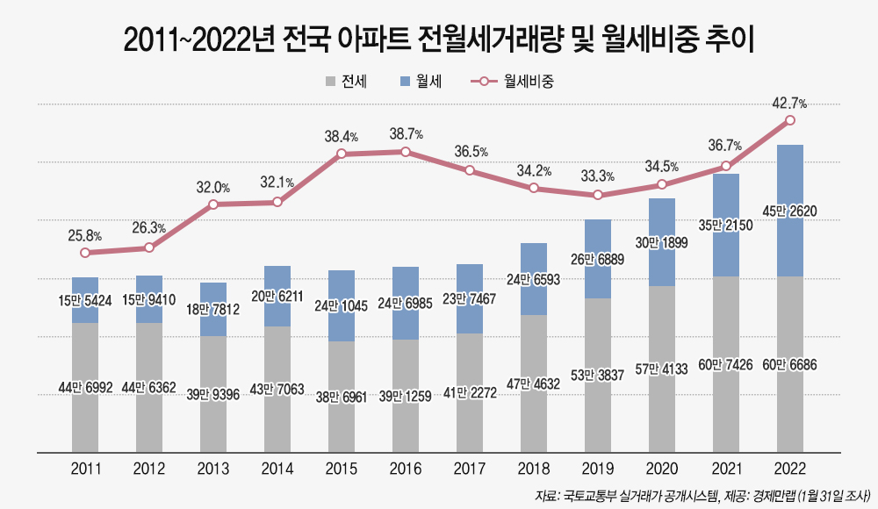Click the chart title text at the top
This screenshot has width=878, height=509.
pyautogui.click(x=439, y=41)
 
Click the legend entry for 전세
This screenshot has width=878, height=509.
pyautogui.click(x=346, y=82)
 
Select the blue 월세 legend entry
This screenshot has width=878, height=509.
pyautogui.click(x=420, y=82)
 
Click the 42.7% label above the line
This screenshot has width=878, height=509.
pyautogui.click(x=789, y=104)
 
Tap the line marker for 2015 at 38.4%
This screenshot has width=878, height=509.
pyautogui.click(x=342, y=154)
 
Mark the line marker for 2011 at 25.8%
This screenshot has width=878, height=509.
pyautogui.click(x=85, y=253)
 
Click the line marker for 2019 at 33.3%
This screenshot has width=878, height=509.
pyautogui.click(x=598, y=195)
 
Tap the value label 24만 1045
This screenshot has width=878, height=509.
pyautogui.click(x=342, y=306)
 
